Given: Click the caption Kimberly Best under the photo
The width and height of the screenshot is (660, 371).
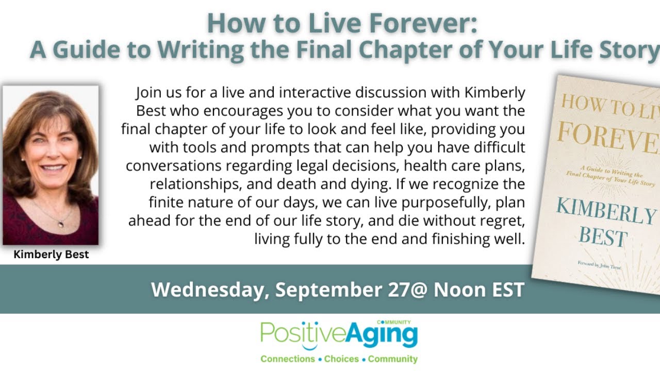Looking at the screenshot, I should tap(51, 255).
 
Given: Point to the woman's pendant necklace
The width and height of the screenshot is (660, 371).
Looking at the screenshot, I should tap(61, 223).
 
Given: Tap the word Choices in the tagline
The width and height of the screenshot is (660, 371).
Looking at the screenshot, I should tap(342, 359).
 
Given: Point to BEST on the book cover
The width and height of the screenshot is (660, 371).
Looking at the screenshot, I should tap(602, 239).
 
